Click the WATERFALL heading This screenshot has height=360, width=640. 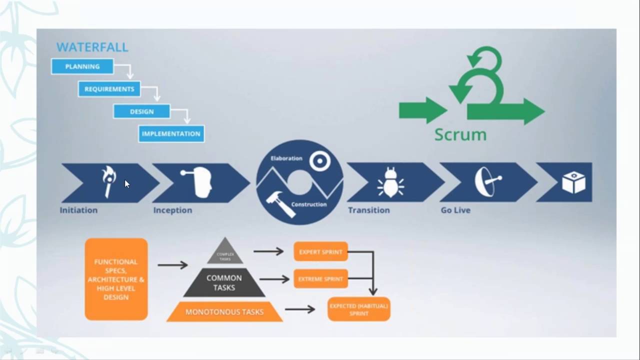92,47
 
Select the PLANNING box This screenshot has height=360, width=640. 82,66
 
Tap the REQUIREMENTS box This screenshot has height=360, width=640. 109,89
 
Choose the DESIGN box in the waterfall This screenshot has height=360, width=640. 141,111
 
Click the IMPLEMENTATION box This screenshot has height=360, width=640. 171,134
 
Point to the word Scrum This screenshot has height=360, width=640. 460,134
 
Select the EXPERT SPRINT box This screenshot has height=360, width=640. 320,252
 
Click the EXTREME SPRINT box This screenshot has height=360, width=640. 320,279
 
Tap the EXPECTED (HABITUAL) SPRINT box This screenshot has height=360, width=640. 359,309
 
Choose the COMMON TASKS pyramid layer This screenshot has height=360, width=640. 224,283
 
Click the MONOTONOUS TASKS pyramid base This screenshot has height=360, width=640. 224,312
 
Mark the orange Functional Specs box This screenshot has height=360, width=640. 116,279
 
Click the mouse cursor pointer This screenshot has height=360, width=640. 126,184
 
